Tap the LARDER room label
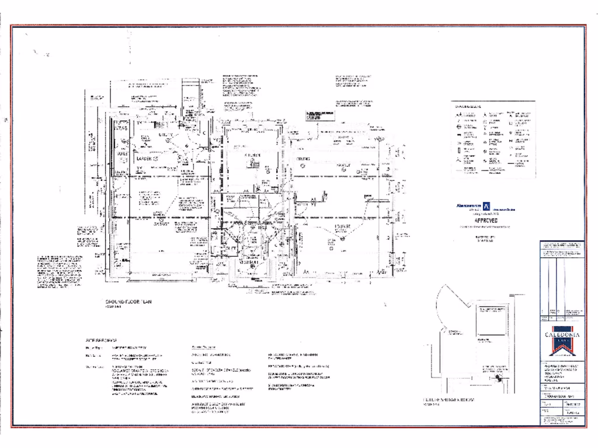pos(144,158)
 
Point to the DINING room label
pos(302,159)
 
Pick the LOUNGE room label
pos(342,226)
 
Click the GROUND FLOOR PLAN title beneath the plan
pos(128,302)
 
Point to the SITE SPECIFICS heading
pos(102,339)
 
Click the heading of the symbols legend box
pos(469,106)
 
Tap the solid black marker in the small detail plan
pos(498,378)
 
